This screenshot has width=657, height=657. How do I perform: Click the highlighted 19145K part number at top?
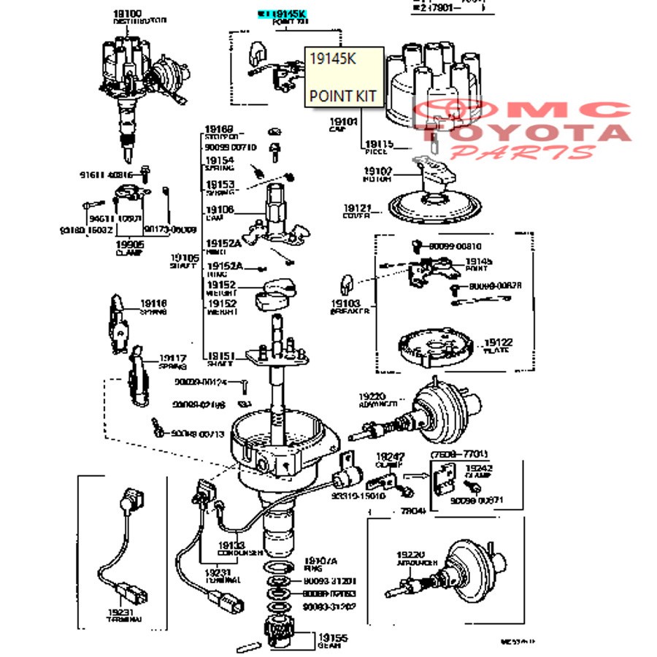(288, 13)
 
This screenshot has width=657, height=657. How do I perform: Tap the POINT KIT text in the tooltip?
(342, 96)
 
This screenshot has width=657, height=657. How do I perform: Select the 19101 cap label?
(343, 122)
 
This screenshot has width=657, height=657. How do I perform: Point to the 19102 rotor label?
(379, 172)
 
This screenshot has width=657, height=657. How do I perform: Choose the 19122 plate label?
(499, 342)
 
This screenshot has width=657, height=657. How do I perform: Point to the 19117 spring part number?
(173, 358)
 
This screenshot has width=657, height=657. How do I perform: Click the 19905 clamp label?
(128, 245)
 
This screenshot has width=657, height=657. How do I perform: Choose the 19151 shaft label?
(219, 356)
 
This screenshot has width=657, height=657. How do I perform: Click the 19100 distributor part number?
(128, 14)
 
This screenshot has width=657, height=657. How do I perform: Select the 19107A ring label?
(320, 560)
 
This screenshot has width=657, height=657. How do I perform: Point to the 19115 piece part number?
(379, 144)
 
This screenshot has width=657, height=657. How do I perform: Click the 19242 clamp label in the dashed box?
(479, 469)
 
